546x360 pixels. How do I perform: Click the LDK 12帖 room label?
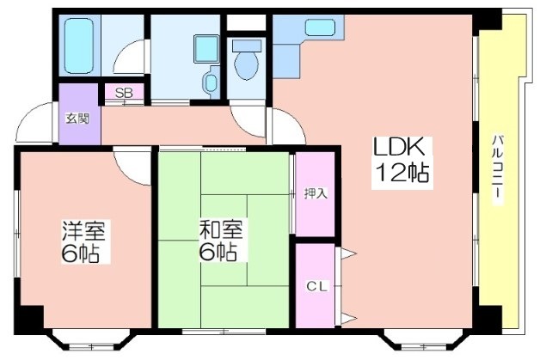pyautogui.click(x=402, y=162)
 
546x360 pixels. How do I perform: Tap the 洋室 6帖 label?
pyautogui.click(x=83, y=241)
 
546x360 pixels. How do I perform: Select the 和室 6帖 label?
pyautogui.click(x=220, y=240)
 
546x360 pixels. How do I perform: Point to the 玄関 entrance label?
pyautogui.click(x=77, y=119)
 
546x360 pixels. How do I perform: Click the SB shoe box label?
pyautogui.click(x=124, y=93)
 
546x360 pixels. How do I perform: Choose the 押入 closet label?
pyautogui.click(x=316, y=193)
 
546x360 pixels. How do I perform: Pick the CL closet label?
pyautogui.click(x=317, y=287)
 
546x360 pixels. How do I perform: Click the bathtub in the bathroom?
pyautogui.click(x=79, y=46)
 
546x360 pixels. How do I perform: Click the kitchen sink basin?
pyautogui.click(x=320, y=27)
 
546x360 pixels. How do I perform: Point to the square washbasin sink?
pyautogui.click(x=206, y=49)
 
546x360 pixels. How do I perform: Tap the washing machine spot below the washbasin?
pyautogui.click(x=211, y=82)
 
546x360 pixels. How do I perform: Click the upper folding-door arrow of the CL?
pyautogui.click(x=348, y=253)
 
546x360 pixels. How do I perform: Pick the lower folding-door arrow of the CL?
pyautogui.click(x=348, y=318)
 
